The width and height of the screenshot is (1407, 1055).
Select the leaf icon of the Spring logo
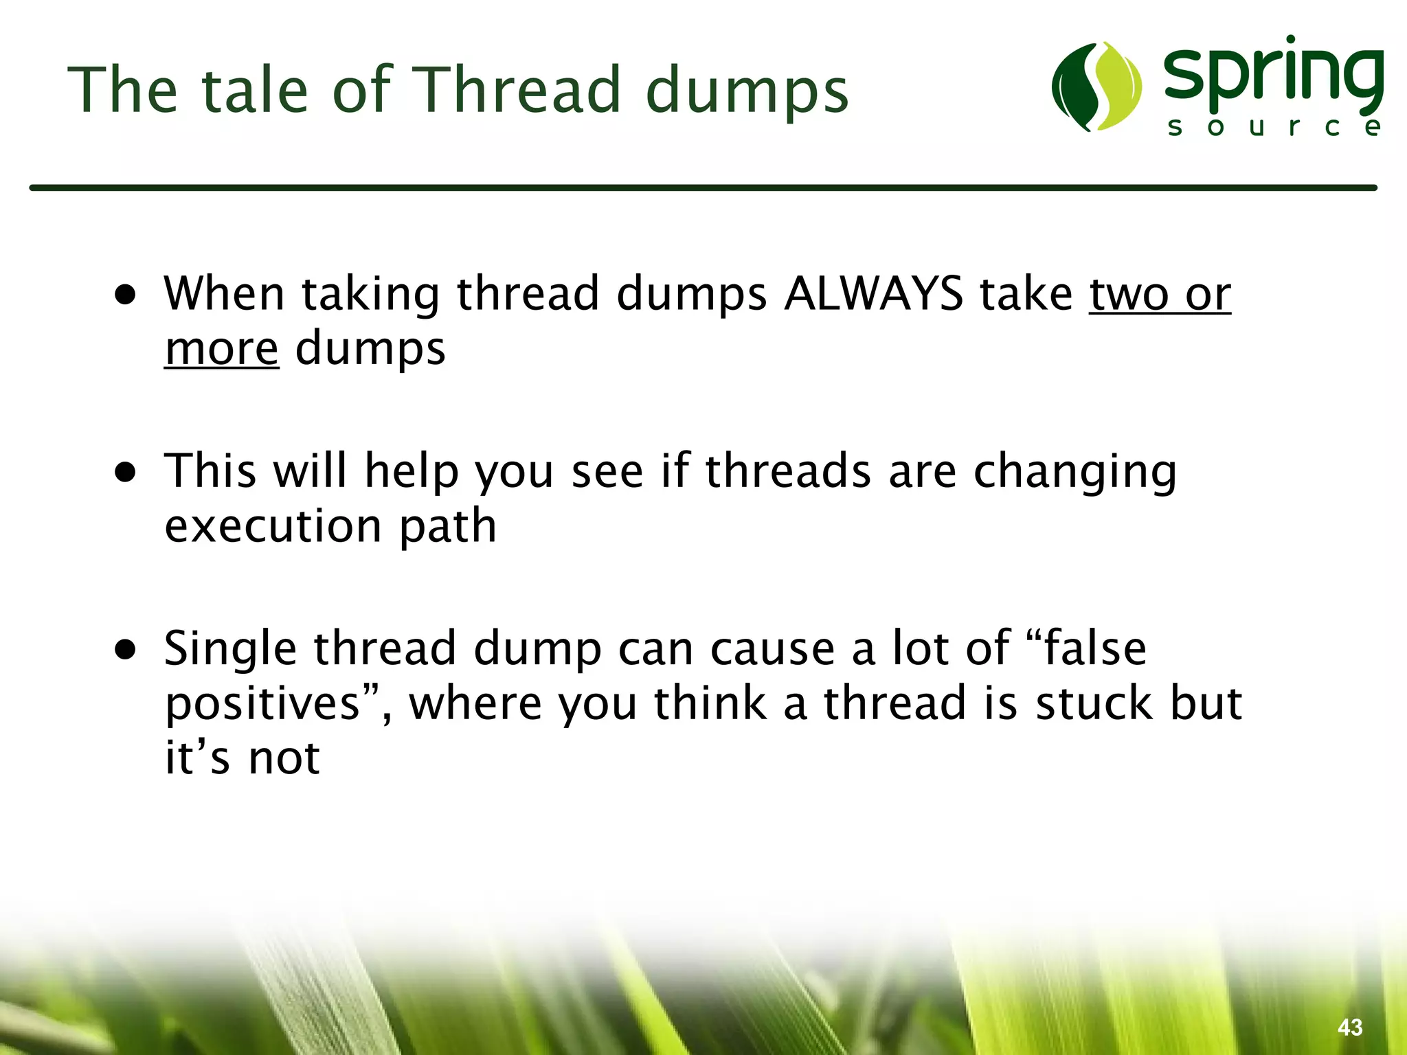(x=1097, y=87)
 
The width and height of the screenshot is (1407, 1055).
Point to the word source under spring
(x=1274, y=128)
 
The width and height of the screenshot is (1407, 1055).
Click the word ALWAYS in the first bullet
(x=873, y=294)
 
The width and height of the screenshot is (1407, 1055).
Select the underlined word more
(x=221, y=349)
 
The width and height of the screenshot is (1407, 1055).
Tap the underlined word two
(x=1128, y=294)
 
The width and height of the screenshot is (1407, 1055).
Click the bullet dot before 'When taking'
(x=126, y=296)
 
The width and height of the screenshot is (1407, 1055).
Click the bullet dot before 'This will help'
(x=126, y=473)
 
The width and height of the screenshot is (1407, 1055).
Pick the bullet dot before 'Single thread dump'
(x=126, y=650)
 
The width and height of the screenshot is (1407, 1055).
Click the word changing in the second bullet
(x=1075, y=473)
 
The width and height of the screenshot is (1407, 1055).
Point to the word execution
(x=273, y=526)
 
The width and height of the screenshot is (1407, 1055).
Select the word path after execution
(x=447, y=526)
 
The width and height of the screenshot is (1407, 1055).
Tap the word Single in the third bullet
(x=230, y=650)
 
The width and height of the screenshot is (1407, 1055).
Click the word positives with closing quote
(x=273, y=705)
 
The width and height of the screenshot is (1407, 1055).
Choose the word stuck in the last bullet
(x=1094, y=703)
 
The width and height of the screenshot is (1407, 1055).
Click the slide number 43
(x=1349, y=1028)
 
